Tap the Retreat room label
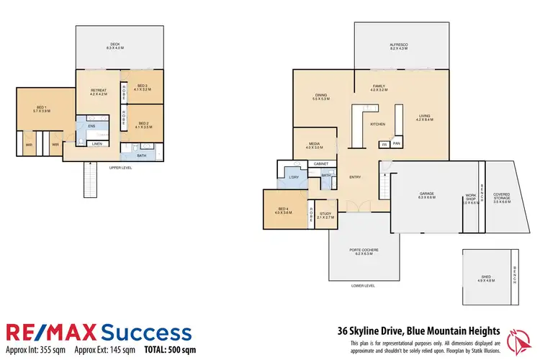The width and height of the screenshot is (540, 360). pos(98,92)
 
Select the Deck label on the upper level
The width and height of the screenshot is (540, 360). pos(115,45)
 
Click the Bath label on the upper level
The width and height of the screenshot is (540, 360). pos(142,155)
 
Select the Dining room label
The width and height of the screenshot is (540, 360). pos(321,97)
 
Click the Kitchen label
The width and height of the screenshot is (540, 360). pos(378,125)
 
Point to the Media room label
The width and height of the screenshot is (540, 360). pos(314,145)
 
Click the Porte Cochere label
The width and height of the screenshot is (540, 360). pos(364,251)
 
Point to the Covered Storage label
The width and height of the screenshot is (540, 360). pos(502,197)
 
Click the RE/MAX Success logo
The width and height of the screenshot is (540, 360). pos(99,332)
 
